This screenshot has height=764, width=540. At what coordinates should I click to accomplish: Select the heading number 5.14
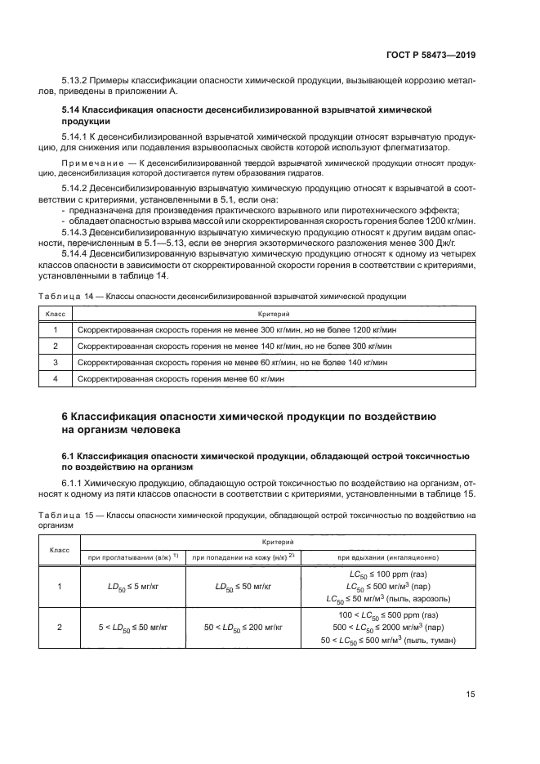[x=74, y=109]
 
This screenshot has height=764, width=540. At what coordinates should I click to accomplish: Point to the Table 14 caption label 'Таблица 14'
[x=62, y=296]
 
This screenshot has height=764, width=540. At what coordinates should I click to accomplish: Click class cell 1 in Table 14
[x=56, y=329]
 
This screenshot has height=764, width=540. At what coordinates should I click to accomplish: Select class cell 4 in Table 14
[x=56, y=378]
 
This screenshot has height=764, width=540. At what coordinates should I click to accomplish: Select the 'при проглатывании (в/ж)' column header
[x=132, y=557]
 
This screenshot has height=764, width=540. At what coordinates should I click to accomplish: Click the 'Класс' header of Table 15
[x=59, y=550]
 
